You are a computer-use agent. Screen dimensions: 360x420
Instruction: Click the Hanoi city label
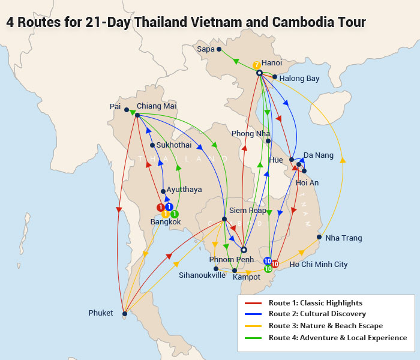coord(272,63)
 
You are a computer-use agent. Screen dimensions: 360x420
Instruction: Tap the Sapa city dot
coord(219,49)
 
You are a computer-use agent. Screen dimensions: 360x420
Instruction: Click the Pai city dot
coord(127,110)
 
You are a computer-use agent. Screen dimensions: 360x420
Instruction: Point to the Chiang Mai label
coord(157,106)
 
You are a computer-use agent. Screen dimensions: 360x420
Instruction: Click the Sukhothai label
coord(174,145)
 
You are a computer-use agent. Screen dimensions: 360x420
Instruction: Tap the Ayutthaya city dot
coord(163,191)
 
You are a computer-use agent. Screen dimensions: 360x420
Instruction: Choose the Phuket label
coord(100,313)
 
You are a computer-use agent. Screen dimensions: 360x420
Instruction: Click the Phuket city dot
coord(124,313)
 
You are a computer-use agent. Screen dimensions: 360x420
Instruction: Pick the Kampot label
coord(247,277)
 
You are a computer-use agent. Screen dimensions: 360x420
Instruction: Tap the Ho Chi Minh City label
coord(318,264)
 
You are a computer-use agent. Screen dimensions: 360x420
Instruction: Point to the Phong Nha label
coord(251,133)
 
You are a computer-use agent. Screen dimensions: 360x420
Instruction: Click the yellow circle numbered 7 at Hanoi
coord(256,65)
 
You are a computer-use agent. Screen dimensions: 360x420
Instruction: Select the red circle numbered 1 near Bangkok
coord(160,207)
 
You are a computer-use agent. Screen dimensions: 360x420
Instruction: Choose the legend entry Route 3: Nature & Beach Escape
coord(325,326)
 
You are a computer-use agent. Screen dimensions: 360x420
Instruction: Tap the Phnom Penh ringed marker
coord(244,250)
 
